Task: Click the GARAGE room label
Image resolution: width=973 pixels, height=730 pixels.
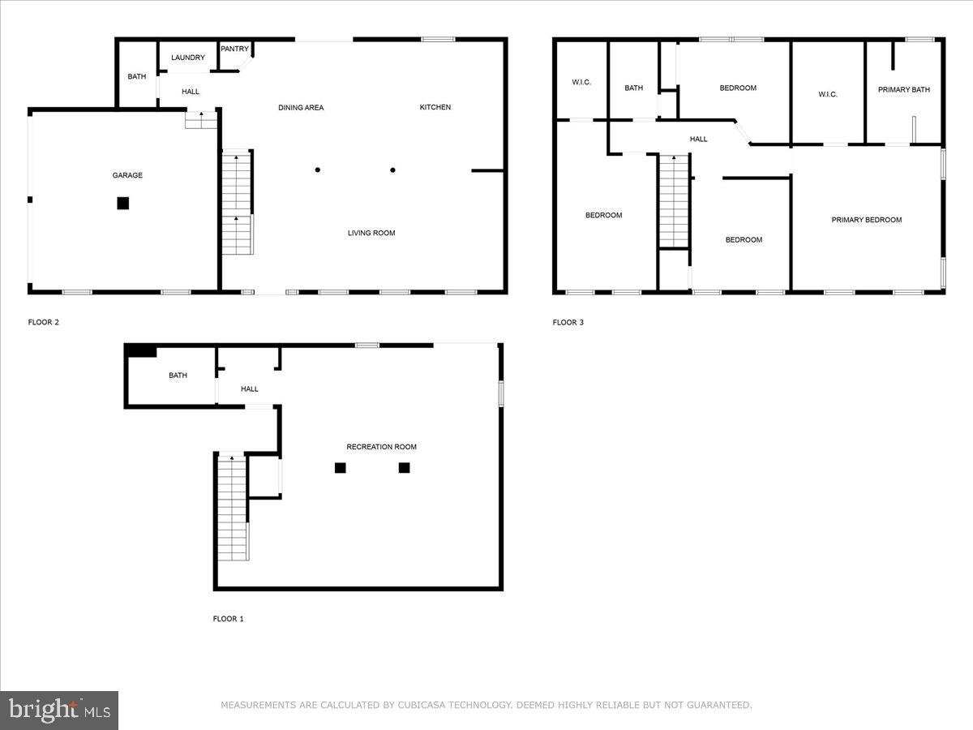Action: pyautogui.click(x=127, y=175)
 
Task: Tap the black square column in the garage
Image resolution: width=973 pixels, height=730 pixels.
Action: pyautogui.click(x=122, y=203)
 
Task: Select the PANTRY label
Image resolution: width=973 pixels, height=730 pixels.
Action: pyautogui.click(x=234, y=49)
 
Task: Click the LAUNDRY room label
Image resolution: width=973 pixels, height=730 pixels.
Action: pyautogui.click(x=187, y=58)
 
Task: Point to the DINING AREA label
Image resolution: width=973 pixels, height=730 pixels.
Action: pyautogui.click(x=301, y=108)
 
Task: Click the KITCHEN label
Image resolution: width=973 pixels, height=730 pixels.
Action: pyautogui.click(x=435, y=107)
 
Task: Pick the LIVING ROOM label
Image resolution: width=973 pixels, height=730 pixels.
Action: pyautogui.click(x=371, y=234)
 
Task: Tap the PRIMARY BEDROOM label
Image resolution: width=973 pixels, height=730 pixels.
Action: pyautogui.click(x=866, y=220)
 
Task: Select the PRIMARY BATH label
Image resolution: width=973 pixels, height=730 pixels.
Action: pyautogui.click(x=903, y=90)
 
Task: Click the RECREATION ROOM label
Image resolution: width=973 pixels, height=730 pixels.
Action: pyautogui.click(x=381, y=447)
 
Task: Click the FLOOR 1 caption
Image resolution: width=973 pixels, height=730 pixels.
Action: pyautogui.click(x=228, y=619)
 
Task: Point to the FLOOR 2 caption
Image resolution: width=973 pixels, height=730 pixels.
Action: pyautogui.click(x=44, y=322)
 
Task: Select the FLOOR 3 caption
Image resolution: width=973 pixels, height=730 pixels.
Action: pyautogui.click(x=568, y=322)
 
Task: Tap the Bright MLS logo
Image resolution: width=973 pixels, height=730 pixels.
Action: pyautogui.click(x=59, y=710)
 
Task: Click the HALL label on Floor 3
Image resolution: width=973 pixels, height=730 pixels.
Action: pyautogui.click(x=698, y=140)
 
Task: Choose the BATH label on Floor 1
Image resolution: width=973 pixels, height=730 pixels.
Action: pyautogui.click(x=178, y=376)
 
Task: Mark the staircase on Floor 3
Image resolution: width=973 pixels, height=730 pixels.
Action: pyautogui.click(x=673, y=201)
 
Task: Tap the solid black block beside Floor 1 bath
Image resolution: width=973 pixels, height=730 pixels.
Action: pyautogui.click(x=142, y=350)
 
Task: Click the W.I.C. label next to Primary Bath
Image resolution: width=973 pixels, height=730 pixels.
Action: pyautogui.click(x=827, y=95)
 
